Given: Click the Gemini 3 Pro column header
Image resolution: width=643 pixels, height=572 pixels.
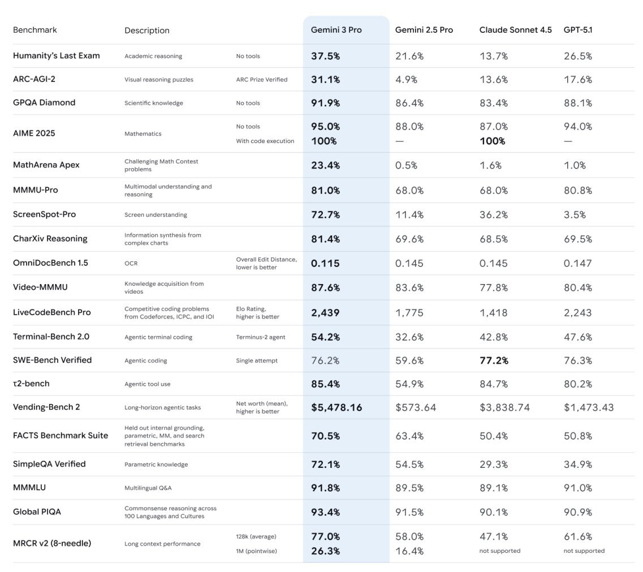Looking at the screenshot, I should click(336, 30).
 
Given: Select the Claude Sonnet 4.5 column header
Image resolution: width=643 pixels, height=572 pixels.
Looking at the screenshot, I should click(515, 30).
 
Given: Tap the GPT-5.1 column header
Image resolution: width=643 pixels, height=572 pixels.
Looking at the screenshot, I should click(578, 30).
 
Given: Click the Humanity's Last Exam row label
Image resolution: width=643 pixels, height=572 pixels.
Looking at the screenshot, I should click(56, 55).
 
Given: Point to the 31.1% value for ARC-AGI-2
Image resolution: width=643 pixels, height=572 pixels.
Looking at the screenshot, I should click(325, 80).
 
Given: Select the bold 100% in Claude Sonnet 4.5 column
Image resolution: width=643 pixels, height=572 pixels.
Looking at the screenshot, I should click(492, 141).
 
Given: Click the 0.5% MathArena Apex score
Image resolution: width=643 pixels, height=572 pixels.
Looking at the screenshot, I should click(406, 165).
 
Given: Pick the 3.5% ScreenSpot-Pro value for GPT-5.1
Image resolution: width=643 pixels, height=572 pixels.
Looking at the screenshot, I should click(575, 215).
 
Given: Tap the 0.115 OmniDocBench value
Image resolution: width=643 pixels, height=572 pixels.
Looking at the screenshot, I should click(325, 263).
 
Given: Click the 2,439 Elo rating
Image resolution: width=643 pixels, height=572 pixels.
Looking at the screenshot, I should click(325, 312).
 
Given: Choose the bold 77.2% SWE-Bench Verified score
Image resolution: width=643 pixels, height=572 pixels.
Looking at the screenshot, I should click(494, 360).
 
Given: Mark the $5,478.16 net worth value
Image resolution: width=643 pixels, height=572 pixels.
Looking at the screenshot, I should click(336, 407).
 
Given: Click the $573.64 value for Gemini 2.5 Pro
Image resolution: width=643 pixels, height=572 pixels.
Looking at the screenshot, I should click(416, 407).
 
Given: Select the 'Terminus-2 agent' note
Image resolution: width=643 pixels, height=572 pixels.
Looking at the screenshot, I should click(260, 337).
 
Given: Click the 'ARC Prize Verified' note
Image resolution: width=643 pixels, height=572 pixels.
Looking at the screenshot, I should click(261, 80).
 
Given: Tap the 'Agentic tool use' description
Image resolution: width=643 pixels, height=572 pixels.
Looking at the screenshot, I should click(147, 384).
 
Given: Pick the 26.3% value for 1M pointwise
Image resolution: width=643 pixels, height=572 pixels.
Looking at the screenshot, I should click(325, 551).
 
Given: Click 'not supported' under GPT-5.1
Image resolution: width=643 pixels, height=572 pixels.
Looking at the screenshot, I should click(584, 551).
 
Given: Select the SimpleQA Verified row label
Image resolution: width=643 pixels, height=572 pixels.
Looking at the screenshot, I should click(49, 464).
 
